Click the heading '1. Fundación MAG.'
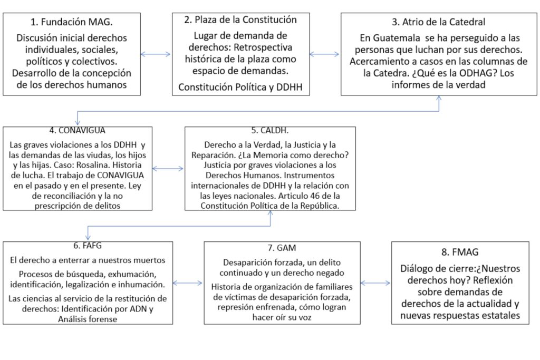(x=72, y=23)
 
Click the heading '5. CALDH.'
(x=269, y=131)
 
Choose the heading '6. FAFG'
(x=88, y=246)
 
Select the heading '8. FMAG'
(x=459, y=252)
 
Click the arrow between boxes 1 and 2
(x=156, y=54)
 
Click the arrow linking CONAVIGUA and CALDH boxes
(x=168, y=169)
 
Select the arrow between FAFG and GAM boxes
(x=188, y=283)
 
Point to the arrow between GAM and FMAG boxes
(x=375, y=283)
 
